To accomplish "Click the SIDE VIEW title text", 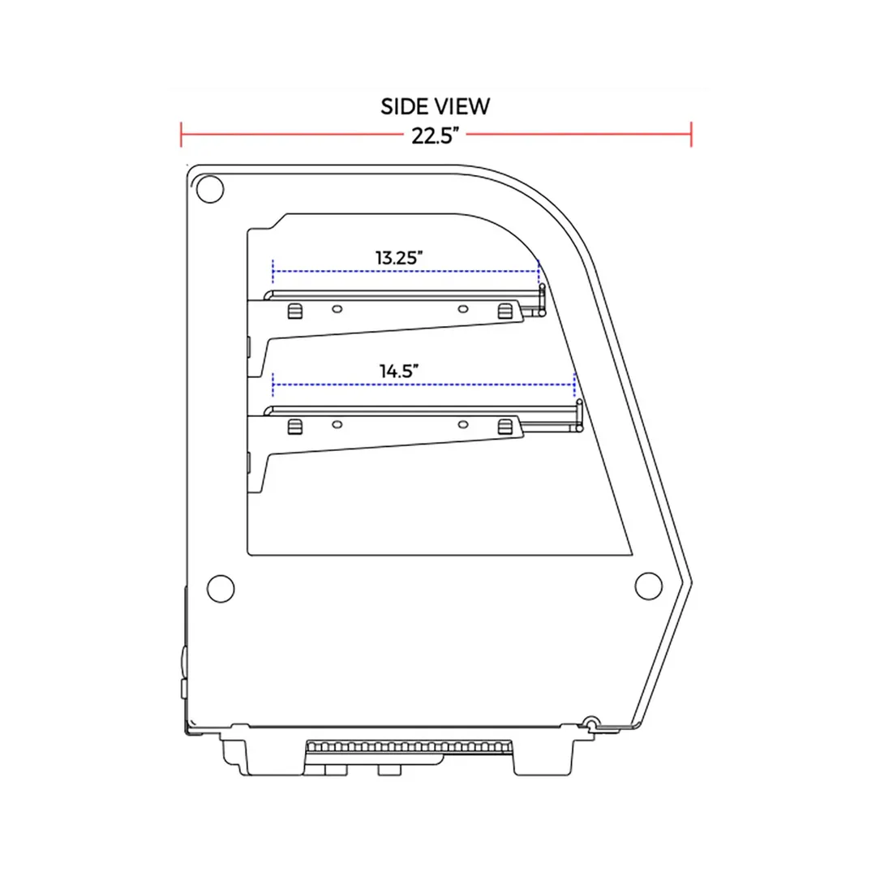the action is click(436, 107).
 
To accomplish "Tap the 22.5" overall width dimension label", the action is click(436, 135).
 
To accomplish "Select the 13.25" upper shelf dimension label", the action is click(399, 258).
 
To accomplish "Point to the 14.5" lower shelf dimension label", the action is click(399, 371).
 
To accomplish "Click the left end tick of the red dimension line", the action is click(181, 135).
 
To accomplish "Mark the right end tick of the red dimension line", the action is click(691, 135).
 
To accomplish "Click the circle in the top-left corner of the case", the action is click(210, 189).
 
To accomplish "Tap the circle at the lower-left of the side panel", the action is click(221, 588).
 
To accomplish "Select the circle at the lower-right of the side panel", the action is click(649, 586).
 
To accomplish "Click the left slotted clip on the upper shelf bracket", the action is click(295, 311).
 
